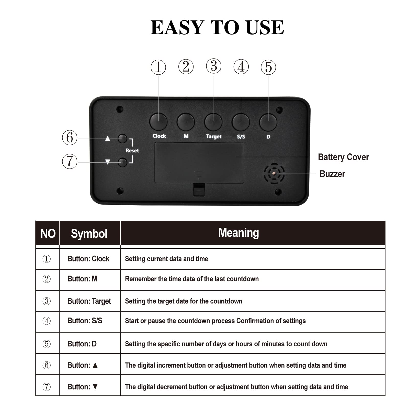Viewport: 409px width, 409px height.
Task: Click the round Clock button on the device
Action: click(158, 122)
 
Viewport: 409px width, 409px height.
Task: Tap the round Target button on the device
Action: click(213, 122)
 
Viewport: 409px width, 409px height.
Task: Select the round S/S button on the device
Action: click(241, 122)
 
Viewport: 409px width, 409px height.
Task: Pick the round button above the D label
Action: click(268, 122)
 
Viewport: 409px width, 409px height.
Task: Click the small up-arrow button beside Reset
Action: click(122, 139)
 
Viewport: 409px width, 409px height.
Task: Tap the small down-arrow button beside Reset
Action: click(122, 162)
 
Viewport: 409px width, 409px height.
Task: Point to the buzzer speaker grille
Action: click(274, 174)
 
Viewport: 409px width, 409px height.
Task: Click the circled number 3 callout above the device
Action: click(214, 66)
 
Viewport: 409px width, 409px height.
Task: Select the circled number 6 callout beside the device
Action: click(70, 138)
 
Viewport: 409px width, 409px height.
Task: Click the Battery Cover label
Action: click(343, 157)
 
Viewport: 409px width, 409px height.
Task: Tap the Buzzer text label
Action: click(332, 174)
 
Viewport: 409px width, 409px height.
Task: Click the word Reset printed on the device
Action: click(132, 151)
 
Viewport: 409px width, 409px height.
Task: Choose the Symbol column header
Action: click(89, 234)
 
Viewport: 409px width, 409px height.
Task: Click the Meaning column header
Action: click(238, 233)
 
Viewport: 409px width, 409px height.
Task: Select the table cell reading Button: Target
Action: click(89, 301)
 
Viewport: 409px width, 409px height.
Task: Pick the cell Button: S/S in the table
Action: click(85, 321)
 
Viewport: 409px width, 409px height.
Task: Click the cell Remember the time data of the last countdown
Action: click(192, 279)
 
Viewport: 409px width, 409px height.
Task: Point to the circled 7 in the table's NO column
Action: click(47, 387)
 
